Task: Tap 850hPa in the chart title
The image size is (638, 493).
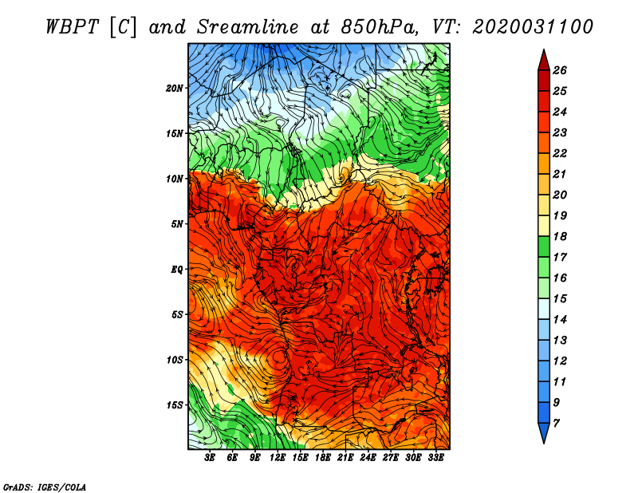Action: coord(386,26)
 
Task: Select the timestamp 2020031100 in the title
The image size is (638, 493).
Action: coord(533,26)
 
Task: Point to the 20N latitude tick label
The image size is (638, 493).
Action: coord(175,88)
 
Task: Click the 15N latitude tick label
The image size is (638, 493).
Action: coord(175,133)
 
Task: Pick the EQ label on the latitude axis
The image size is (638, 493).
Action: coord(177,270)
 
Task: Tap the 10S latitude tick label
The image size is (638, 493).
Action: coord(175,360)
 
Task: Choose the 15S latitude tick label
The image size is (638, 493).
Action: coord(175,405)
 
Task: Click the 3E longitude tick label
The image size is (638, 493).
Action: coord(211,458)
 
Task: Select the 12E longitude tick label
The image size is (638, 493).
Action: coord(278,458)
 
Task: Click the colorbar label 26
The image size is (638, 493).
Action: coord(560,70)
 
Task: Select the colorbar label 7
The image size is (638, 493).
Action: coord(556,422)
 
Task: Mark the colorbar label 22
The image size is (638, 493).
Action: coord(560,153)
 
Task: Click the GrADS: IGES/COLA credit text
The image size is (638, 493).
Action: coord(45,486)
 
